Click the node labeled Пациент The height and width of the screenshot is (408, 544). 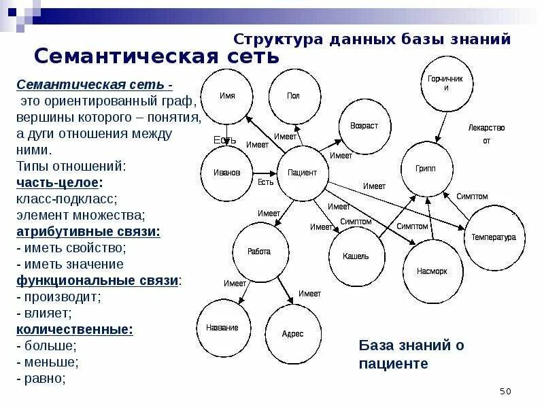pyautogui.click(x=302, y=173)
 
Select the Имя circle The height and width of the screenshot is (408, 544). pyautogui.click(x=228, y=96)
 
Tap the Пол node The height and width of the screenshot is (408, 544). pyautogui.click(x=293, y=96)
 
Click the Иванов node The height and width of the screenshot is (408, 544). pyautogui.click(x=227, y=173)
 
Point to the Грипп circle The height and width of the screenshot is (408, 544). pyautogui.click(x=426, y=169)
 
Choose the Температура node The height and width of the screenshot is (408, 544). pyautogui.click(x=494, y=237)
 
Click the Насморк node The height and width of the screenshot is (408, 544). pyautogui.click(x=432, y=270)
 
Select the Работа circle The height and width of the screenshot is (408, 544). pyautogui.click(x=259, y=251)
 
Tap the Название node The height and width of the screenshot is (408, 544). pyautogui.click(x=222, y=327)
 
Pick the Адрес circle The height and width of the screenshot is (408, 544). pyautogui.click(x=292, y=333)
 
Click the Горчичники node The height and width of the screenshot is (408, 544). pyautogui.click(x=445, y=84)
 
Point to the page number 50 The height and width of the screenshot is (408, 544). pyautogui.click(x=505, y=391)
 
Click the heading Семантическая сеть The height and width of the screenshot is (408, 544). pyautogui.click(x=156, y=56)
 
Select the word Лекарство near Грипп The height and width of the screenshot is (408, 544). pyautogui.click(x=486, y=128)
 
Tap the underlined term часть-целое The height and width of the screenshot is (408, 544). pyautogui.click(x=59, y=183)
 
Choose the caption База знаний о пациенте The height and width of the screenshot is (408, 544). pyautogui.click(x=411, y=354)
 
